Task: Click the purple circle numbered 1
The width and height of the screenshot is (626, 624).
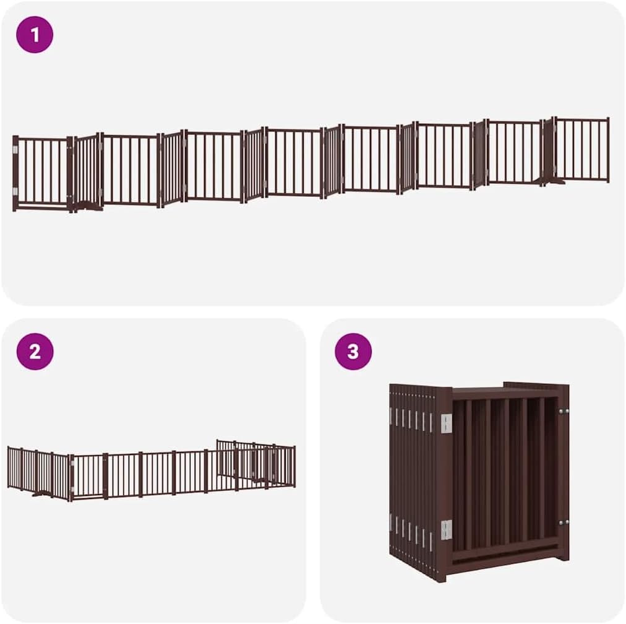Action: point(35,35)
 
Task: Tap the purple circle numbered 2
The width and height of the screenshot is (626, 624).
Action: point(35,352)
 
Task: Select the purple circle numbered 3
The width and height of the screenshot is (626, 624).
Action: point(353,352)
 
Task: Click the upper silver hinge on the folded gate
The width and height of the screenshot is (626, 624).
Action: point(446,423)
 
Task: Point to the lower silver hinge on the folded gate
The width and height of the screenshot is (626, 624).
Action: point(446,530)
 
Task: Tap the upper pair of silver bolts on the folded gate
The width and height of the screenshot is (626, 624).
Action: point(564,410)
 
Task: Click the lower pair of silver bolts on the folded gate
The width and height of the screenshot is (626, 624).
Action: point(564,522)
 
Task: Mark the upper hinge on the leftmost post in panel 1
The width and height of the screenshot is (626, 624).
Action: point(15,149)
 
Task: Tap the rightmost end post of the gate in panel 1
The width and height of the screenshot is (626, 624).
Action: point(607,149)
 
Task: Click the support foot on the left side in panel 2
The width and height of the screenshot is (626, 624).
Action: point(41,494)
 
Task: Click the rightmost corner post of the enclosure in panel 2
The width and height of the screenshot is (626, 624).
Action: point(294,466)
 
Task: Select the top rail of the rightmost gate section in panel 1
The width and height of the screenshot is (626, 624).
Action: point(581,119)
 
